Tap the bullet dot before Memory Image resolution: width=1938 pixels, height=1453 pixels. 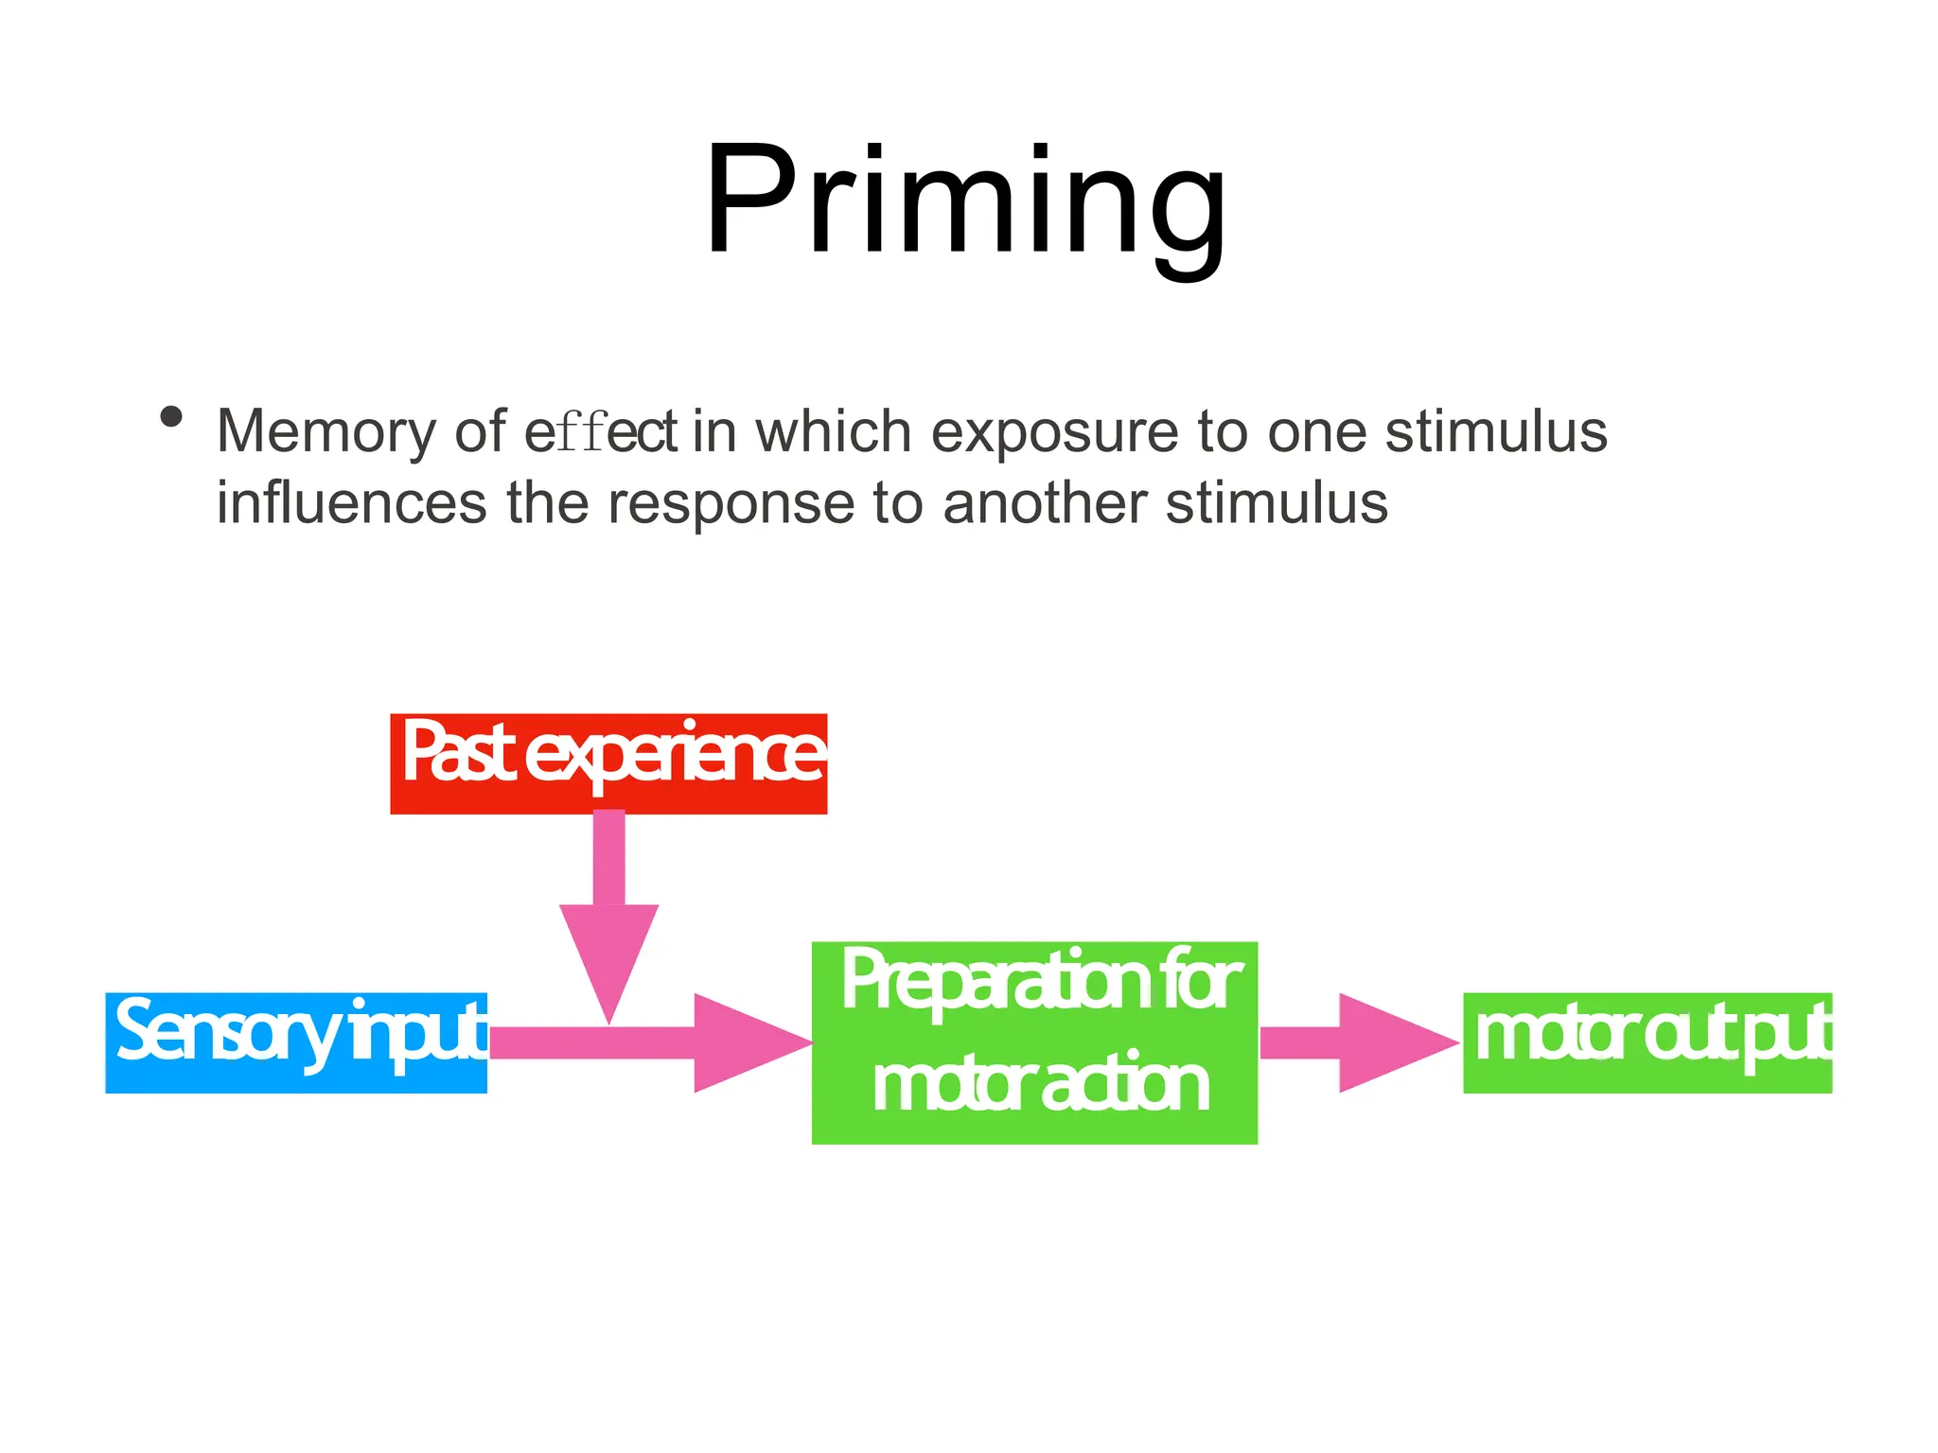tap(171, 417)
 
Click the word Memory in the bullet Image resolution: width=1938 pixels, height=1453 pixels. tap(326, 431)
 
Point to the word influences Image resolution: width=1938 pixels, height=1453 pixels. tap(351, 502)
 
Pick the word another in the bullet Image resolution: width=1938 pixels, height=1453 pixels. tap(1045, 502)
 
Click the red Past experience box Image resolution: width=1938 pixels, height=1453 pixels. tap(608, 763)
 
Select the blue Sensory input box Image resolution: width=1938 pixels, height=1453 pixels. tap(296, 1042)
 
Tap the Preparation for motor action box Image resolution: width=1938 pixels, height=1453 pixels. tap(1034, 1042)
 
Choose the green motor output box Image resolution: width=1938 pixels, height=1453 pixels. tap(1647, 1042)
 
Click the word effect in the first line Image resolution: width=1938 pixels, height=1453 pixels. tap(600, 431)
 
